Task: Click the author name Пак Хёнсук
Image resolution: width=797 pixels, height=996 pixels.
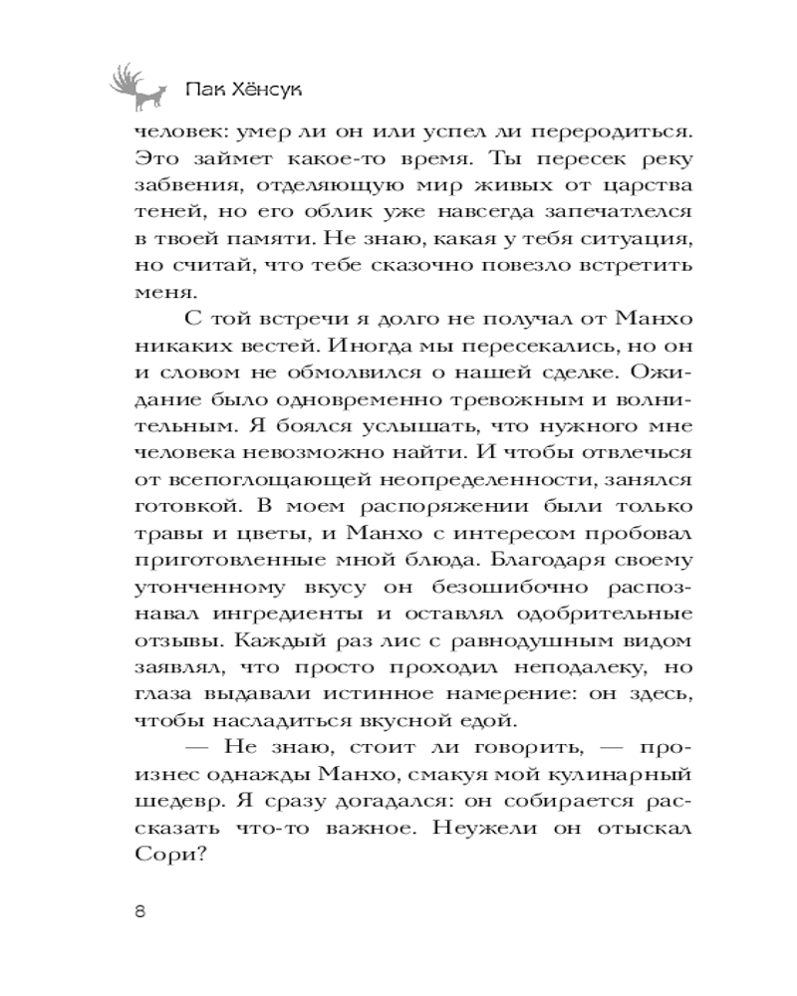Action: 244,92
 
